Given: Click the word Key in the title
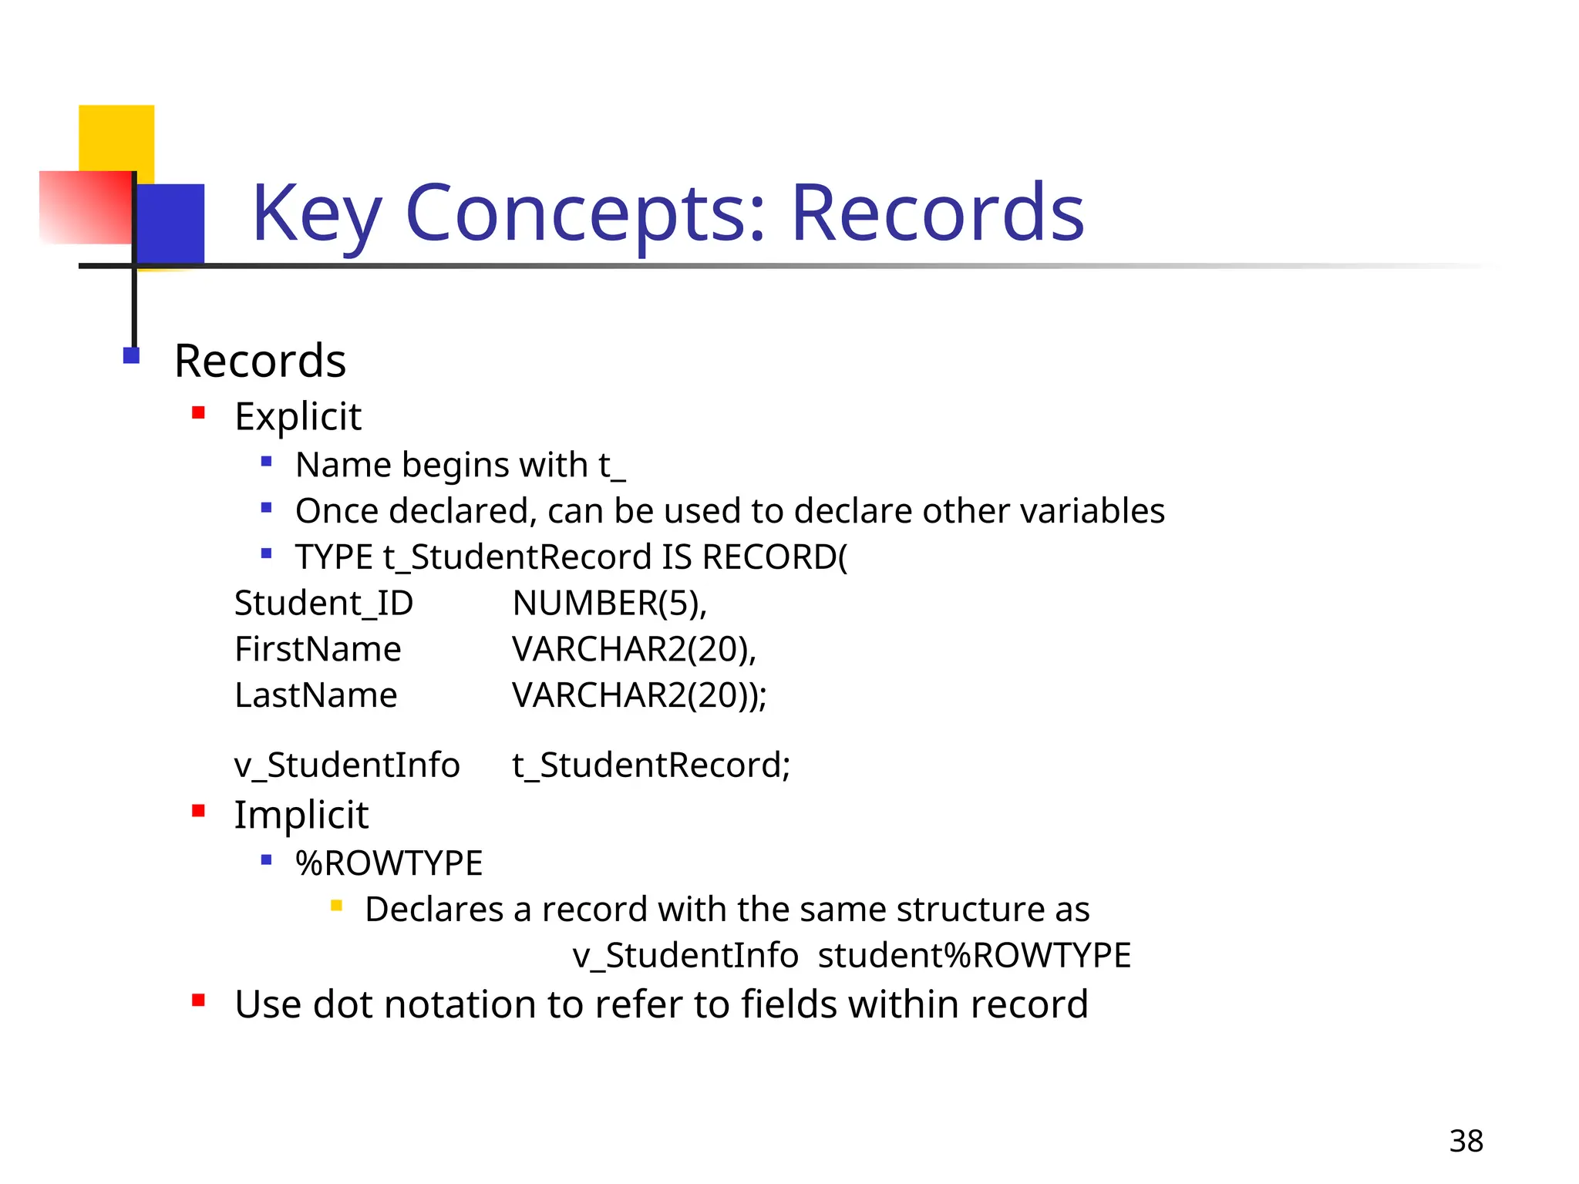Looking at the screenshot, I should pyautogui.click(x=316, y=214).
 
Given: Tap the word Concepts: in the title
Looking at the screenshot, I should pyautogui.click(x=586, y=214).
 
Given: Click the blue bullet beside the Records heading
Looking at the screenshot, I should pyautogui.click(x=131, y=355).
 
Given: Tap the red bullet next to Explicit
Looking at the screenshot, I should pyautogui.click(x=199, y=413).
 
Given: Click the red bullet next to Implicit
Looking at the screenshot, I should pyautogui.click(x=199, y=811).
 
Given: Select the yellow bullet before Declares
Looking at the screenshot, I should pyautogui.click(x=336, y=906).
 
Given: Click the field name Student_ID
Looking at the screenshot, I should pyautogui.click(x=324, y=604).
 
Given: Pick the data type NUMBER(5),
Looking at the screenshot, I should pyautogui.click(x=609, y=604).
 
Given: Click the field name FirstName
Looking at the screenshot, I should pyautogui.click(x=318, y=650).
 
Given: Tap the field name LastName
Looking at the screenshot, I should pyautogui.click(x=316, y=696).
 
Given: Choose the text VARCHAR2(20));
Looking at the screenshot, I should pyautogui.click(x=639, y=696).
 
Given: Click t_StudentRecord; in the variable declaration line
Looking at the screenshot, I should pyautogui.click(x=651, y=765).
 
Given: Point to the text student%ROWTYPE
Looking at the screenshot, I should pyautogui.click(x=975, y=956).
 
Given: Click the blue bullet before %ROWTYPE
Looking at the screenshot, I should pyautogui.click(x=267, y=859).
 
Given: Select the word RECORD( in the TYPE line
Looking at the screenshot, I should pyautogui.click(x=775, y=557).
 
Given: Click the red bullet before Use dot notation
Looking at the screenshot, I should pyautogui.click(x=199, y=1001).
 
